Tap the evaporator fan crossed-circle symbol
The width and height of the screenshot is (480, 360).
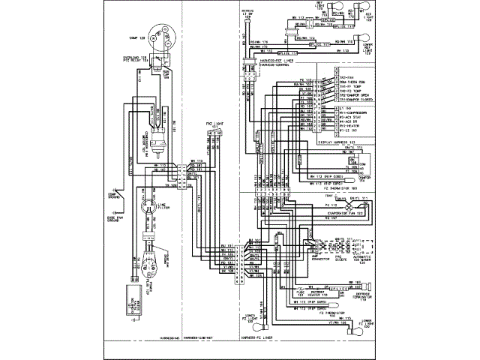[352, 202]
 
